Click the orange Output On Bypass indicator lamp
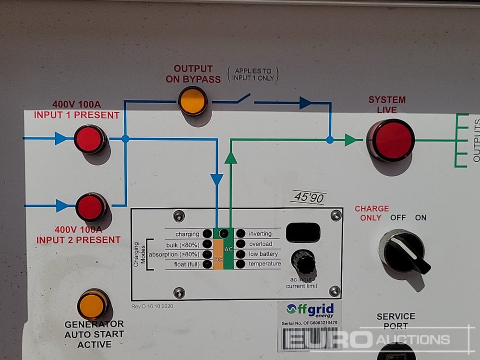pos(192,100)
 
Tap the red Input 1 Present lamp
pos(90,139)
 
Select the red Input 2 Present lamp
pos(91,207)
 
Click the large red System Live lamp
pos(391,140)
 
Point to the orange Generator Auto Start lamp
pos(93,304)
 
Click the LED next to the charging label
pos(207,234)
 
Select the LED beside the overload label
pos(240,244)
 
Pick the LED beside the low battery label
pos(240,254)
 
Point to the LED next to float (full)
pos(207,264)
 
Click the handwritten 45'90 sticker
pos(308,197)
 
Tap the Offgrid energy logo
pos(310,310)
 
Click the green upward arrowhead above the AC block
pos(231,158)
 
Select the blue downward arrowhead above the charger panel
pos(217,180)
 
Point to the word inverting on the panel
pos(260,234)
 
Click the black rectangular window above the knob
pos(303,233)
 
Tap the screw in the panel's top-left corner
pos(179,216)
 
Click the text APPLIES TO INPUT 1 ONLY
pos(252,74)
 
